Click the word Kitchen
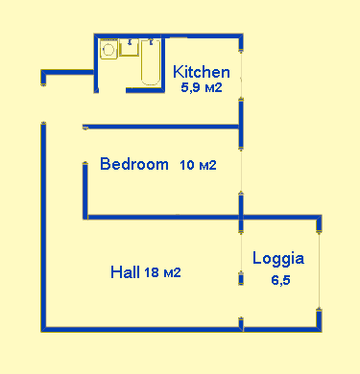pyautogui.click(x=201, y=72)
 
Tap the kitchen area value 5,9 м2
pyautogui.click(x=202, y=88)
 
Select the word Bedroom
pyautogui.click(x=134, y=164)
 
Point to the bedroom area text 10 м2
pyautogui.click(x=198, y=165)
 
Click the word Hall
pyautogui.click(x=126, y=272)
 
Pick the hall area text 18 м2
pyautogui.click(x=162, y=272)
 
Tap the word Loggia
pyautogui.click(x=278, y=258)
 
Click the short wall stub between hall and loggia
pyautogui.click(x=240, y=279)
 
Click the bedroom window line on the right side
pyautogui.click(x=240, y=163)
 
